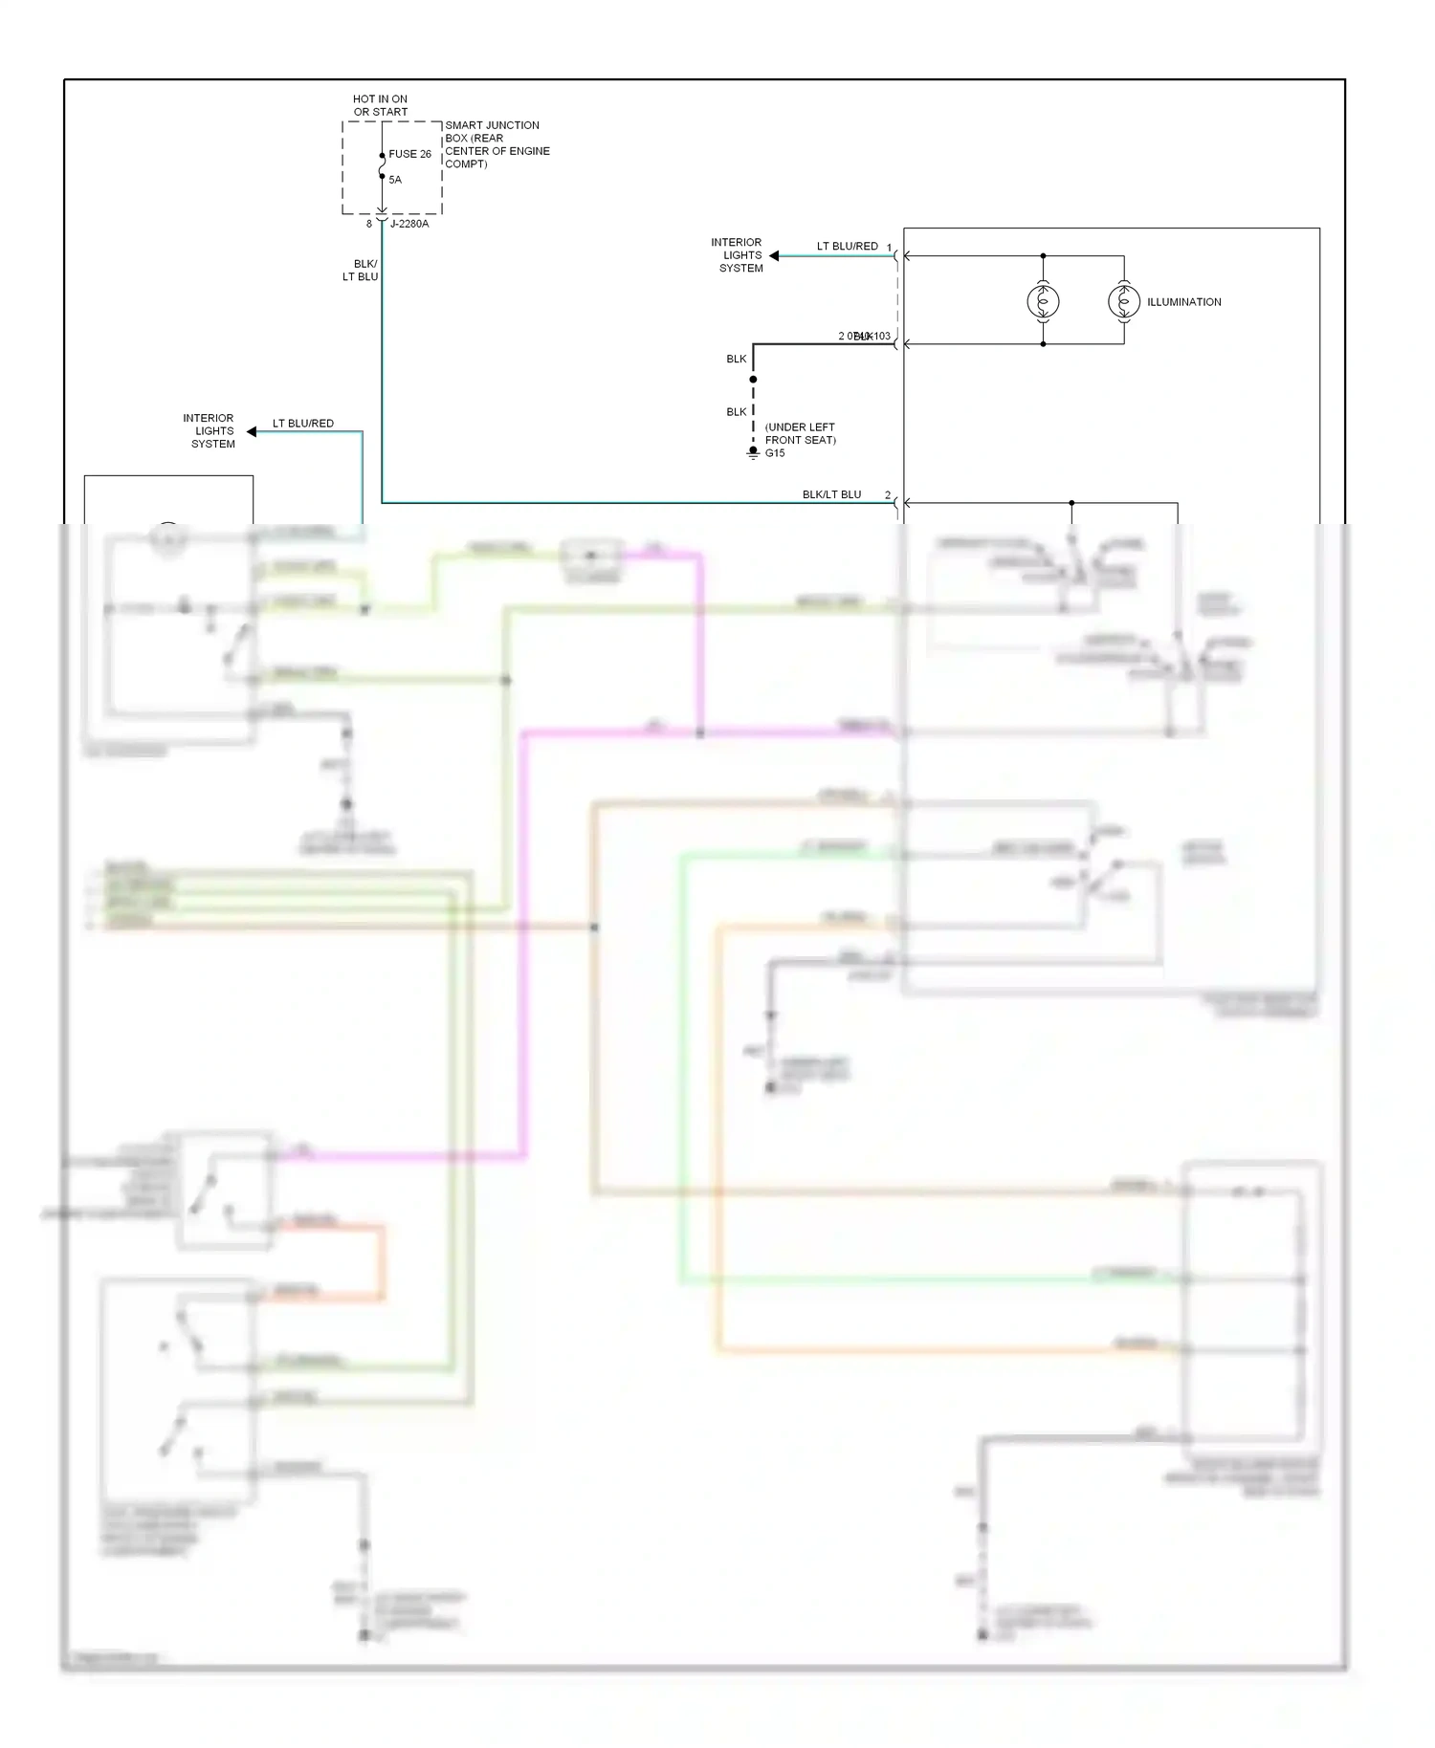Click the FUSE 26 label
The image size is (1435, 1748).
(x=409, y=154)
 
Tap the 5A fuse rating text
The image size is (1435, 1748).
(x=395, y=180)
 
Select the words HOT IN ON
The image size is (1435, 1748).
(x=380, y=99)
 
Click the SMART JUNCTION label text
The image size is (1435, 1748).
(x=492, y=125)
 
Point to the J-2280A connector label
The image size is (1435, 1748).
(x=409, y=224)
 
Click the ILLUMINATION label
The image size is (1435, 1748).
(x=1183, y=302)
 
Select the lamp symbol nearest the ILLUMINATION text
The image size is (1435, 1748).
(x=1124, y=302)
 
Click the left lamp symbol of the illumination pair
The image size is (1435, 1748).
(x=1043, y=302)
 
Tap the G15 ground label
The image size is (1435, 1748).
(x=775, y=453)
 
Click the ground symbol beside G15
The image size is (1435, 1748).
(x=753, y=453)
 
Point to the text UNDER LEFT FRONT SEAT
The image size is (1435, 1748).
(x=800, y=434)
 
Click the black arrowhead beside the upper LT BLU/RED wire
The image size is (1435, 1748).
(x=774, y=256)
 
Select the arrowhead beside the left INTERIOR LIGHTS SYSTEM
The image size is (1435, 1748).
(x=252, y=432)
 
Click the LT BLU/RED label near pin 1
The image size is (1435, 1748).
(x=847, y=247)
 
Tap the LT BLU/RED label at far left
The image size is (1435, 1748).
(x=303, y=424)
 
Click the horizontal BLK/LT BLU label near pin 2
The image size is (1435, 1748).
(x=831, y=494)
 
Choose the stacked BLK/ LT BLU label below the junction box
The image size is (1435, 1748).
(x=362, y=271)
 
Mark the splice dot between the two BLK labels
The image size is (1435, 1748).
(x=753, y=380)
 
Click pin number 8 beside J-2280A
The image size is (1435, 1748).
(x=369, y=224)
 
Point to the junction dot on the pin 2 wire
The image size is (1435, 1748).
(x=1071, y=503)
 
